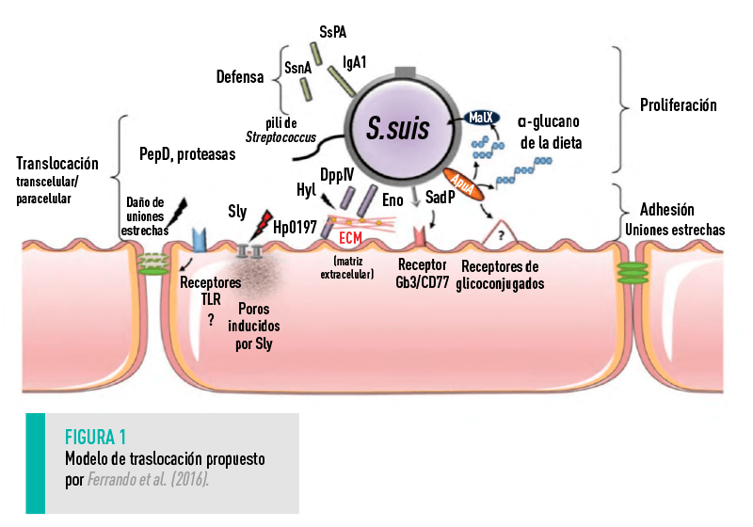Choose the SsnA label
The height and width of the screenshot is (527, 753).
[x=299, y=68]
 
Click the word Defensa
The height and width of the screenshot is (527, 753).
[x=241, y=78]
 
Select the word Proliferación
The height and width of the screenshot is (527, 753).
[x=677, y=105]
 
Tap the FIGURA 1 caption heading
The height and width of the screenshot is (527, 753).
[x=96, y=438]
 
